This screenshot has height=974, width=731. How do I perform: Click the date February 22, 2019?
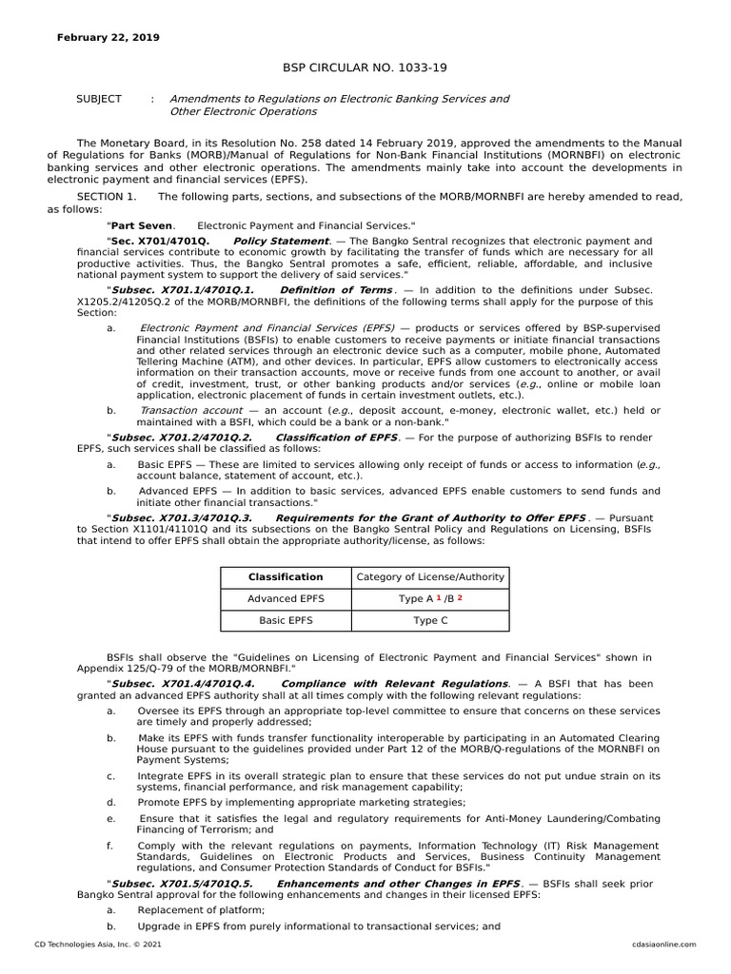[109, 37]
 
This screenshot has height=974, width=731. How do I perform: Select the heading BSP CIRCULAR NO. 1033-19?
[365, 68]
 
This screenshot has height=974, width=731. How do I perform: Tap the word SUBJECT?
[98, 99]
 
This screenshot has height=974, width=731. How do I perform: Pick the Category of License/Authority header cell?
[430, 576]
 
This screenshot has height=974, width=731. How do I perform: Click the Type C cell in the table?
[430, 620]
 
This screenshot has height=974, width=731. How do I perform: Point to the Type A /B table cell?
[430, 599]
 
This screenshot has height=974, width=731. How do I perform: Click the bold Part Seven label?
[142, 225]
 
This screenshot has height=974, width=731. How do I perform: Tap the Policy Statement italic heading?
[281, 242]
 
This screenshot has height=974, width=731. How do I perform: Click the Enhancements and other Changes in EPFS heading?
[398, 884]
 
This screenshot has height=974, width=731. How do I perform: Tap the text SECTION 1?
[107, 196]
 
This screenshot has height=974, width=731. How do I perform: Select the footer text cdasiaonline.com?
[663, 945]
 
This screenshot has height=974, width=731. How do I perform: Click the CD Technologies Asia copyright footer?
[91, 945]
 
